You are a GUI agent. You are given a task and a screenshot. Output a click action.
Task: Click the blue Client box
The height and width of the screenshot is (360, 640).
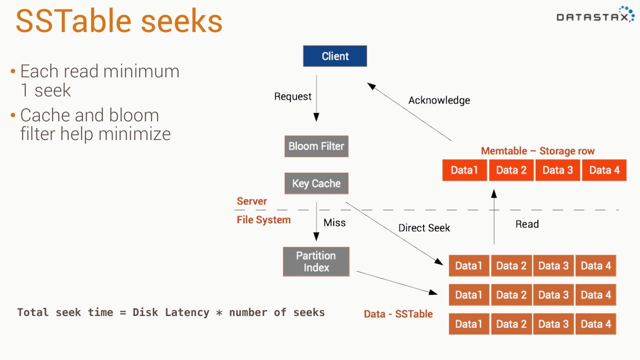coord(335,56)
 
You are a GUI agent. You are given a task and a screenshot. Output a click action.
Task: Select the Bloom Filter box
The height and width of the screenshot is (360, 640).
coord(316,146)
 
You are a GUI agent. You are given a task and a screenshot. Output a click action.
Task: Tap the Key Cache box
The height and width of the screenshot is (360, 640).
coord(316,184)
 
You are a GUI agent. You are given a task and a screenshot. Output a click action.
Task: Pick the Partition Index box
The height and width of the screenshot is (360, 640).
coord(316,262)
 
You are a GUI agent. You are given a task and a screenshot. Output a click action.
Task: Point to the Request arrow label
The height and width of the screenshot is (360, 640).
coord(292,96)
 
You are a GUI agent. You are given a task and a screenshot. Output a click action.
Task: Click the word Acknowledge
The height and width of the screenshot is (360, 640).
coord(439,100)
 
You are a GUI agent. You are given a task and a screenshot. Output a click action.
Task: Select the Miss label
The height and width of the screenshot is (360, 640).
coord(334,223)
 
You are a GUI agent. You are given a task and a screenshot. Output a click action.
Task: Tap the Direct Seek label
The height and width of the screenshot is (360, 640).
coord(424,228)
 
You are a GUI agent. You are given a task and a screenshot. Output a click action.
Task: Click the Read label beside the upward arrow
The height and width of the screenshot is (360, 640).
coord(527,224)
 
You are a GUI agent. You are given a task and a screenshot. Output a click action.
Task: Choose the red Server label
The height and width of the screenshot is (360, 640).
coord(252,201)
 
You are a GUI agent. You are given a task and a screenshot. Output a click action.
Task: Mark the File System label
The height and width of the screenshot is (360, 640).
coord(264,220)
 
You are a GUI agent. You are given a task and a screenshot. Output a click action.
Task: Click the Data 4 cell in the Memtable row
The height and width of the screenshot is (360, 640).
coord(604,170)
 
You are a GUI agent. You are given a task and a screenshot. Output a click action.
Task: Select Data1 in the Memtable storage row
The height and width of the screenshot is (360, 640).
coord(464,170)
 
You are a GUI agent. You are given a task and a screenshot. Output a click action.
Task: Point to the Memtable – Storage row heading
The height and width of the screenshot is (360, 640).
coord(537,151)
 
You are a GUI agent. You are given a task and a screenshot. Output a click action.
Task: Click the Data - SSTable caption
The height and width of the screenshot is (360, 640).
coord(398,314)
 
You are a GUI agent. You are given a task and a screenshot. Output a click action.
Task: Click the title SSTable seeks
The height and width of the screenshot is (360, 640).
coord(119,21)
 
